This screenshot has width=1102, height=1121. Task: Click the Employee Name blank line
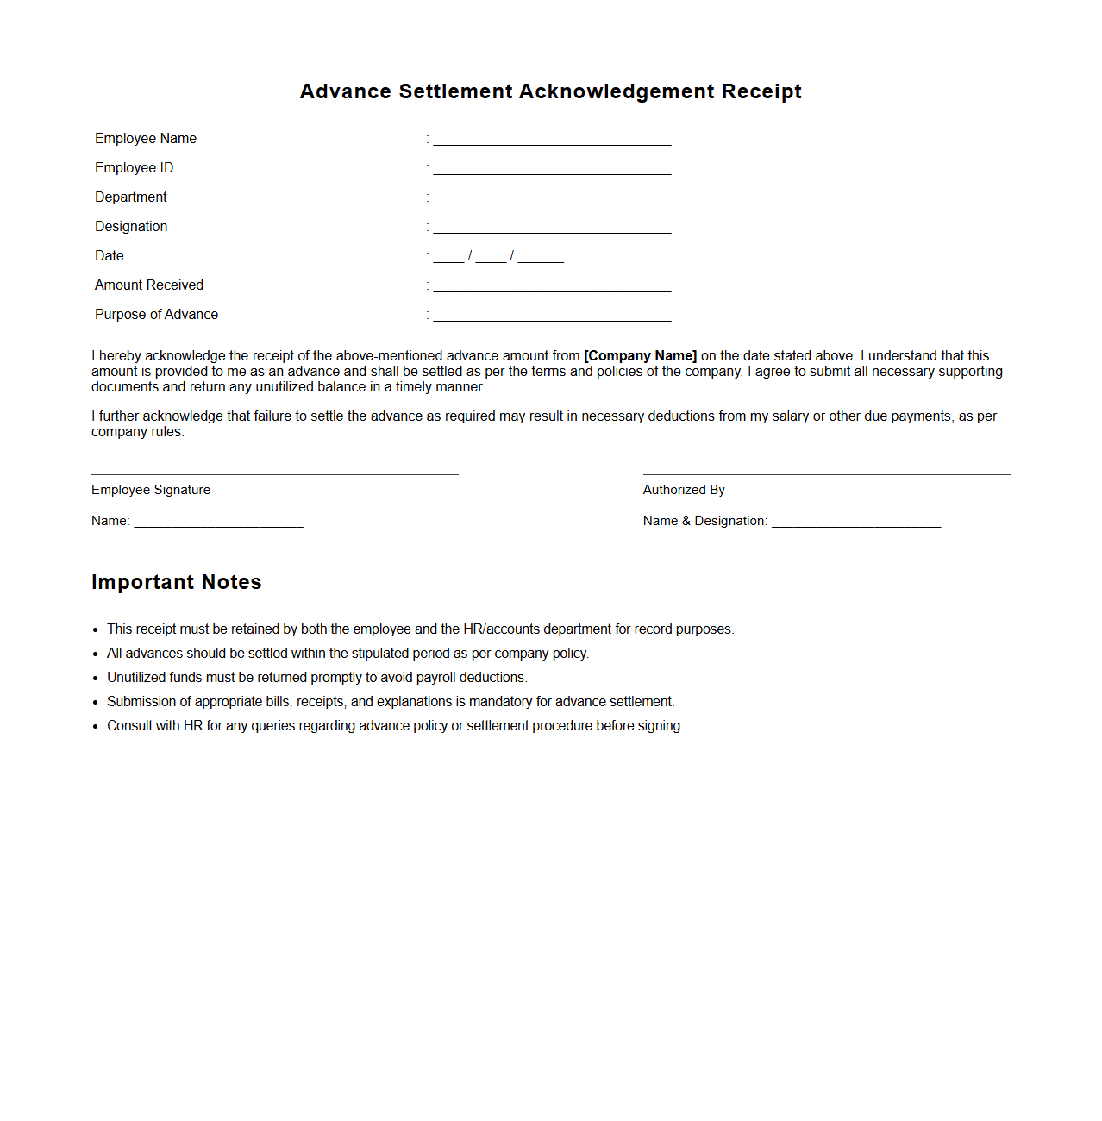(x=552, y=141)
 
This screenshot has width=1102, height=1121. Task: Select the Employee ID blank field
(x=552, y=170)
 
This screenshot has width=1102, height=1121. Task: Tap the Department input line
(x=552, y=199)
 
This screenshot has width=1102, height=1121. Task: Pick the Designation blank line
(x=552, y=229)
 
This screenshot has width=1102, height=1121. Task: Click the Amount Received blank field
(x=552, y=287)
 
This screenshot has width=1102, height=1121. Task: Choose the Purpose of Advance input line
(x=552, y=316)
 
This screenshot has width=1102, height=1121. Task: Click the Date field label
(x=110, y=256)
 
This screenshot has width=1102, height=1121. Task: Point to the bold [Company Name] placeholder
(x=640, y=356)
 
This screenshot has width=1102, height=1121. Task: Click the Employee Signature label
(x=151, y=490)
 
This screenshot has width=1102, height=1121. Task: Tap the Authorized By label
(x=684, y=490)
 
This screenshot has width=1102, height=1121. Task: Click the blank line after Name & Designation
(x=855, y=523)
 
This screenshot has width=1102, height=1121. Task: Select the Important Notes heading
(x=177, y=583)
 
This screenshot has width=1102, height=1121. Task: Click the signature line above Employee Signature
(x=275, y=474)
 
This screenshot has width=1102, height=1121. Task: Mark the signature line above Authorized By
(x=826, y=474)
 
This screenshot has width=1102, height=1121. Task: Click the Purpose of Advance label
(x=156, y=315)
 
